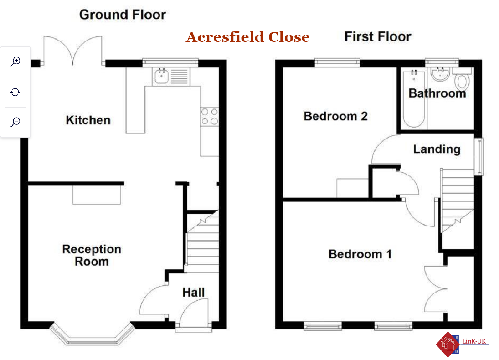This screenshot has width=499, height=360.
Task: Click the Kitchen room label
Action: [x=88, y=120]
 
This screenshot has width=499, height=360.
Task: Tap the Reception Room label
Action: [x=92, y=255]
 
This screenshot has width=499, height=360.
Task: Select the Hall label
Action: [x=194, y=293]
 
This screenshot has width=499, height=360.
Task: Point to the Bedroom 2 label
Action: [x=335, y=116]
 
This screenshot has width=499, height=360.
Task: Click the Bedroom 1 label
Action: [x=360, y=254]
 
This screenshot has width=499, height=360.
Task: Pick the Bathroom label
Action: [x=437, y=93]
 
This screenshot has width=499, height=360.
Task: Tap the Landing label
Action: [x=437, y=149]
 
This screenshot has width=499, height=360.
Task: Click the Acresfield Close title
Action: [x=247, y=37]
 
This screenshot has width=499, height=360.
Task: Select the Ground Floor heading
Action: [x=123, y=15]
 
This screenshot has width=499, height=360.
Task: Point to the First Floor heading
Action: [x=378, y=36]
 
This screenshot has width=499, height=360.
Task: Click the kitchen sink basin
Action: [x=162, y=76]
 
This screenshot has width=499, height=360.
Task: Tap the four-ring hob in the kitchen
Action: [x=210, y=117]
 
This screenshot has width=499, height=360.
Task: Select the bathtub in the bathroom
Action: [x=414, y=99]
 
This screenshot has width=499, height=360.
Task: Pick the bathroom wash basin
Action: [x=440, y=74]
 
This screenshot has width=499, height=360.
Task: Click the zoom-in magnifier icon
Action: [x=15, y=62]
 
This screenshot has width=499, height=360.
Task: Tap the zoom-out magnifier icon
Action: [x=15, y=122]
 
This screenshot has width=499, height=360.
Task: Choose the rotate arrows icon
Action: [x=15, y=93]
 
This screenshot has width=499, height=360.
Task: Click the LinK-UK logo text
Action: [x=474, y=341]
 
